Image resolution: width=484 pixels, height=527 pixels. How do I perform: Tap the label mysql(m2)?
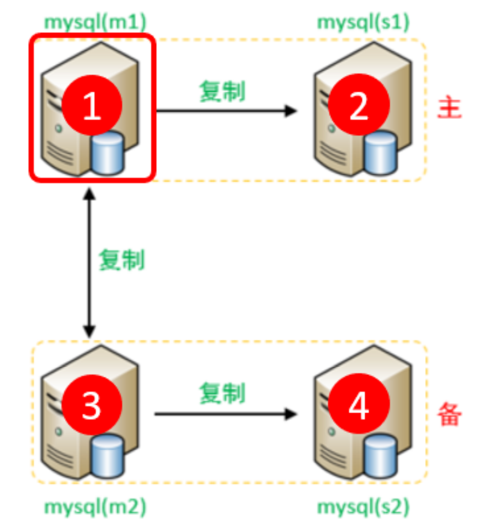95,507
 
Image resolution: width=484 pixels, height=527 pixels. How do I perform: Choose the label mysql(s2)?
363,507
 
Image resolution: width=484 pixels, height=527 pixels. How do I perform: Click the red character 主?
449,110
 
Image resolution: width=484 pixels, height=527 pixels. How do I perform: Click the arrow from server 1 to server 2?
226,111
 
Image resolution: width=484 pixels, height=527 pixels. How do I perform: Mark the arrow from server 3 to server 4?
226,414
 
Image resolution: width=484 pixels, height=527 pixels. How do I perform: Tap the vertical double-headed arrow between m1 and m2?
88,263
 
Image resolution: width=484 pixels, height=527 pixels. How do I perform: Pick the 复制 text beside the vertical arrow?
121,260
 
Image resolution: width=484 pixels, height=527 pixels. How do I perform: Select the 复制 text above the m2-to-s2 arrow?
222,393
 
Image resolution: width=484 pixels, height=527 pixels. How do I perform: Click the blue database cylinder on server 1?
107,153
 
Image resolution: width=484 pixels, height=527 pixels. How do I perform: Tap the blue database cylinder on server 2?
380,153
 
